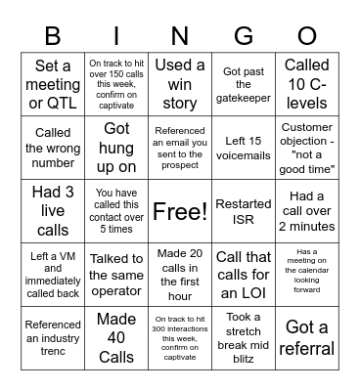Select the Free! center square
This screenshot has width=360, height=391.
tap(180, 211)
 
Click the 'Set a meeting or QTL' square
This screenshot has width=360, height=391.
tap(53, 81)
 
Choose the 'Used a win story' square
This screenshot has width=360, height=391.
tap(180, 81)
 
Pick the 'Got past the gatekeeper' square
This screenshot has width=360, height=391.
tap(244, 81)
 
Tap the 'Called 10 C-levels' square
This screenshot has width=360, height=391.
tap(307, 81)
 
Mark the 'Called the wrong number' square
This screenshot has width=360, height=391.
tap(53, 147)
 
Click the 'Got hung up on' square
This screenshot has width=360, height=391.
tap(116, 147)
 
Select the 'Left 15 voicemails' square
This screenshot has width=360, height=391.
tap(244, 147)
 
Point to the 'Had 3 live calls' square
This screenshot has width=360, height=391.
tap(53, 211)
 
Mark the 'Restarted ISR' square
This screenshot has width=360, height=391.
tap(244, 211)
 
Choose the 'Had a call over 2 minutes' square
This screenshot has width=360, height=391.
tap(307, 211)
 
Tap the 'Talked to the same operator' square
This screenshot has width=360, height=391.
tap(116, 276)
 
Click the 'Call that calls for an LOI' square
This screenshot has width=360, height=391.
tap(244, 276)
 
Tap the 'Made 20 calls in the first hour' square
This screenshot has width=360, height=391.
tap(180, 276)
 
